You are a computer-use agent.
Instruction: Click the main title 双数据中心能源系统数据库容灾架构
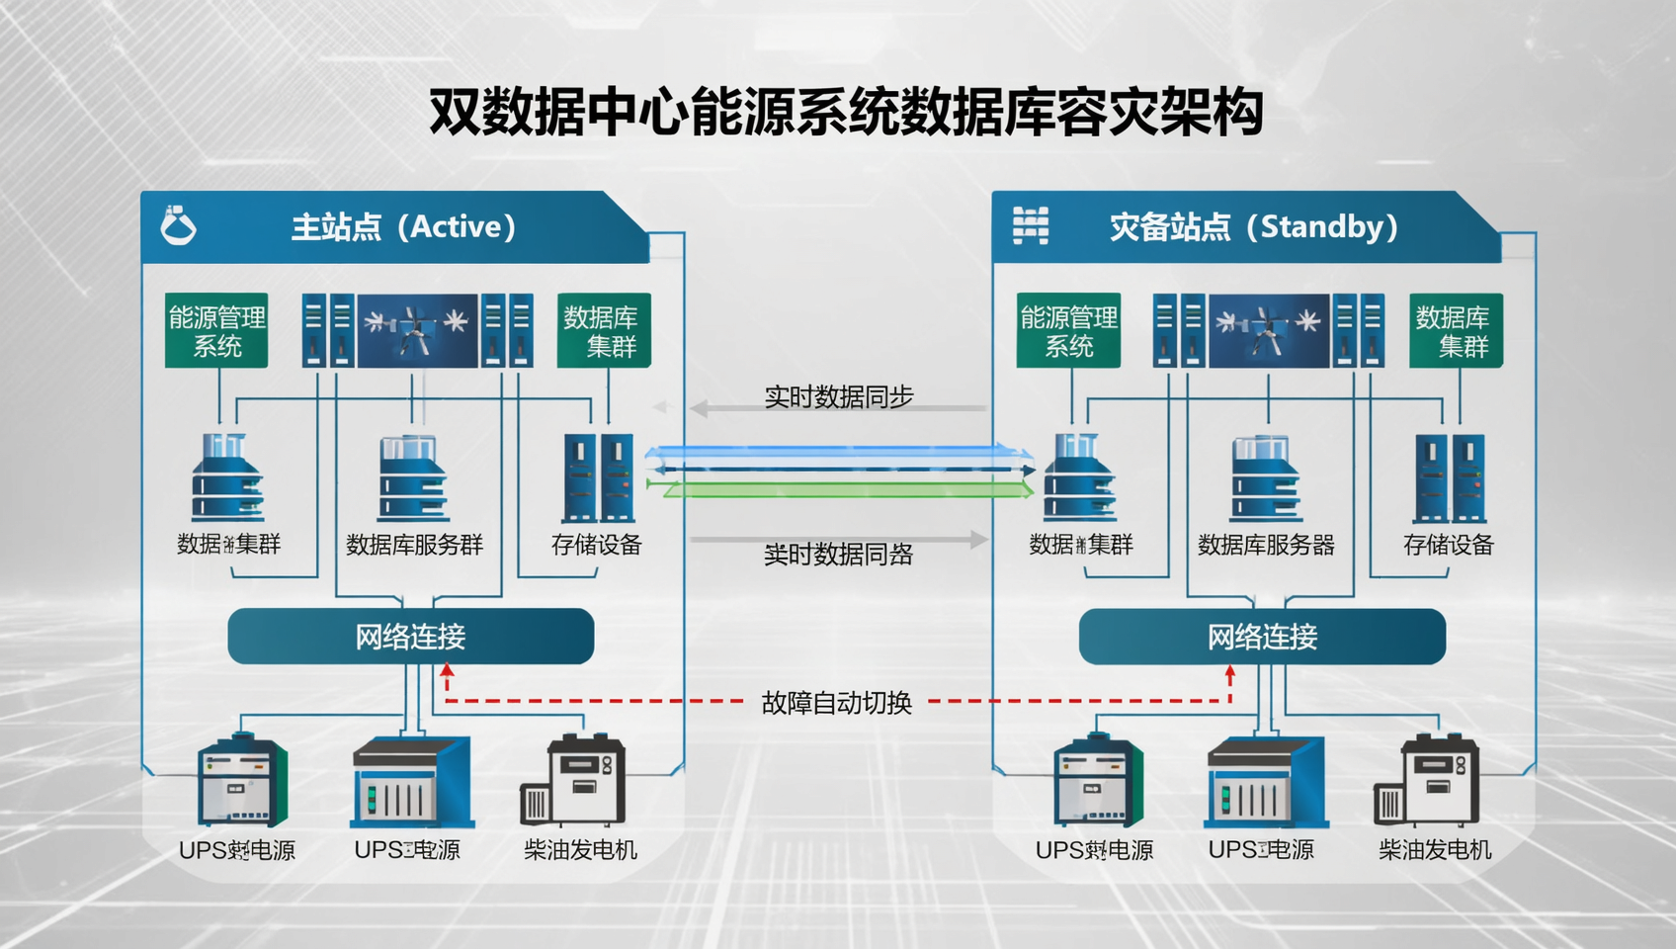pyautogui.click(x=846, y=112)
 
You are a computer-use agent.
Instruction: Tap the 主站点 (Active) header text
pyautogui.click(x=403, y=227)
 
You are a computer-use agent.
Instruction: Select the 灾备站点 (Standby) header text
pyautogui.click(x=1253, y=227)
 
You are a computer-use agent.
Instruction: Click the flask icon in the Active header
pyautogui.click(x=178, y=225)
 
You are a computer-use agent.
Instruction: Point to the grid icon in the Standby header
pyautogui.click(x=1030, y=225)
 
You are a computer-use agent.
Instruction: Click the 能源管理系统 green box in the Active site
pyautogui.click(x=216, y=330)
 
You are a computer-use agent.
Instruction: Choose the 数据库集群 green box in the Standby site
pyautogui.click(x=1455, y=330)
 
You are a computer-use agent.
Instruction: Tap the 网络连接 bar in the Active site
pyautogui.click(x=410, y=637)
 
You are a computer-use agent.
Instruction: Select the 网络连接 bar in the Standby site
pyautogui.click(x=1262, y=637)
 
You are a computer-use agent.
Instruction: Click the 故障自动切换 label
pyautogui.click(x=836, y=703)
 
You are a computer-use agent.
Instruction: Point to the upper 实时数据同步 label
pyautogui.click(x=838, y=396)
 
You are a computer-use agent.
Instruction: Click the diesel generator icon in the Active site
pyautogui.click(x=574, y=781)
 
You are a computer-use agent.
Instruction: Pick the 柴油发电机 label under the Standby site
pyautogui.click(x=1434, y=849)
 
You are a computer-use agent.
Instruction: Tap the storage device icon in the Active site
pyautogui.click(x=598, y=478)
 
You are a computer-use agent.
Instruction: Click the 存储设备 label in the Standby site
pyautogui.click(x=1448, y=545)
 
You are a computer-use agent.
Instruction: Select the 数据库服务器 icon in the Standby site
pyautogui.click(x=1265, y=478)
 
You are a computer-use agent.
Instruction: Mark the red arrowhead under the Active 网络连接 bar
pyautogui.click(x=447, y=671)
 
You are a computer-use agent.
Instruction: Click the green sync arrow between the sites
pyautogui.click(x=840, y=489)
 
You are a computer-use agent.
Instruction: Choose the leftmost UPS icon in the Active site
pyautogui.click(x=241, y=781)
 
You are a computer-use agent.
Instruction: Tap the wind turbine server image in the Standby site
pyautogui.click(x=1268, y=330)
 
